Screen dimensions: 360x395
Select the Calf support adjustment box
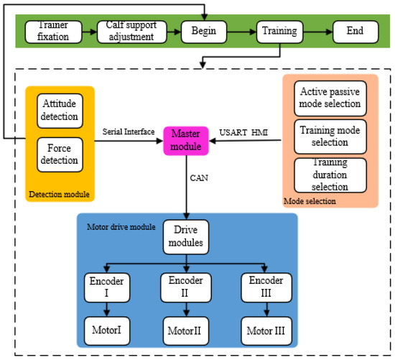pos(131,32)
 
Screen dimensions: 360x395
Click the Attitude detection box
pos(57,111)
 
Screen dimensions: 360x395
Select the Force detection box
pos(57,154)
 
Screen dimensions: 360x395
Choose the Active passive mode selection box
pos(330,98)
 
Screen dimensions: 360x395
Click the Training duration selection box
pos(330,175)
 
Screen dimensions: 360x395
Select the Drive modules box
pos(186,237)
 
